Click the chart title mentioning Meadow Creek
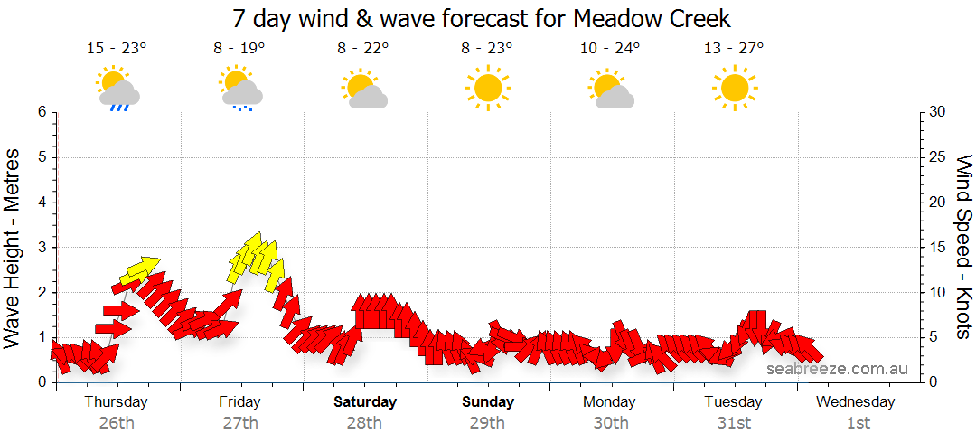(481, 18)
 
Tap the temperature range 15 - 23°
(117, 48)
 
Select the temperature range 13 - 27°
(734, 48)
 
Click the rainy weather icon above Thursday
(117, 89)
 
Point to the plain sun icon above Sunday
(488, 88)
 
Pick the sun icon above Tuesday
(734, 88)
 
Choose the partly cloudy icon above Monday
(611, 89)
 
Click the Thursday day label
(117, 401)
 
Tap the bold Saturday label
(364, 401)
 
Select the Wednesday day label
(856, 401)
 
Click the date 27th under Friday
(240, 422)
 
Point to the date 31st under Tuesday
(734, 422)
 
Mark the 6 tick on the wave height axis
(42, 112)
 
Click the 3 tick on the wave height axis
(42, 247)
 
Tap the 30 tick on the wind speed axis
(938, 112)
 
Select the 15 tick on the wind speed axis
(938, 247)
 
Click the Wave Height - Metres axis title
(14, 248)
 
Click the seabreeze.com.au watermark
(837, 369)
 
